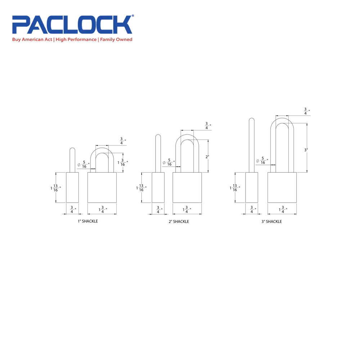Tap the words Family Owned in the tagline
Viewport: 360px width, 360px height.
[x=116, y=40]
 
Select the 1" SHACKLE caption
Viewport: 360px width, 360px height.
[x=87, y=221]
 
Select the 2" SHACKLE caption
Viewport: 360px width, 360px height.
[x=179, y=221]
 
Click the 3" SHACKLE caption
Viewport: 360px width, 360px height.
[x=271, y=221]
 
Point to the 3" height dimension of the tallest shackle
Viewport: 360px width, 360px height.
[x=306, y=150]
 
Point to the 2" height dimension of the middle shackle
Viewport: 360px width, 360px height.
[x=207, y=157]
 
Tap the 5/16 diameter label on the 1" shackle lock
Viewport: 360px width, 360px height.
[x=84, y=165]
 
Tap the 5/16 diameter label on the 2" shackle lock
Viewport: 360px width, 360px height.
[x=169, y=162]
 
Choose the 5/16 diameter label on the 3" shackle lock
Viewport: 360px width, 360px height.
[x=262, y=161]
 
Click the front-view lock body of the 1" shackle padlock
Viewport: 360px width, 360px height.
[x=102, y=187]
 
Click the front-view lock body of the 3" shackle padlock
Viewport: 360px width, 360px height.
[x=282, y=187]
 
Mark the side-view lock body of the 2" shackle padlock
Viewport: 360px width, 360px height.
[x=158, y=187]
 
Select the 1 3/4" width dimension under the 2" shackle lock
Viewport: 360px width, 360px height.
[x=187, y=210]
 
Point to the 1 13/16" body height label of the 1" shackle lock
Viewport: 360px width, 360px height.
[x=56, y=188]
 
